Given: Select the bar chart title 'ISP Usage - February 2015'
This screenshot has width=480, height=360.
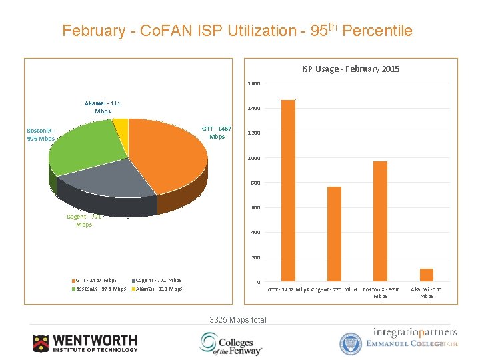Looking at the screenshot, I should [x=350, y=69].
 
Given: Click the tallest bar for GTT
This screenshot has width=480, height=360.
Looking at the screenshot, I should [x=288, y=190].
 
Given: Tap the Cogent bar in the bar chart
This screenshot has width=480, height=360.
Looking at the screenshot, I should [x=334, y=233].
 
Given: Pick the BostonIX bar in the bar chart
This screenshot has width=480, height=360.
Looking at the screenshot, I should [x=380, y=221].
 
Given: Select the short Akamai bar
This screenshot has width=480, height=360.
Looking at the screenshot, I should [x=427, y=275].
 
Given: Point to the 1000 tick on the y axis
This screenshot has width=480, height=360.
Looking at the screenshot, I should [x=254, y=158].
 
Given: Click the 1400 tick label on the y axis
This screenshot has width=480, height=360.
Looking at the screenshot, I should [x=254, y=108].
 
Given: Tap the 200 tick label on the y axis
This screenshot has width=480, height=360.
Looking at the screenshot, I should [x=255, y=257].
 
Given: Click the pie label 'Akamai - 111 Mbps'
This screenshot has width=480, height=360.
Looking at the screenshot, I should [x=103, y=107].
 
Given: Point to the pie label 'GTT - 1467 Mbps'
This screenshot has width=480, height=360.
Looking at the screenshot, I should [x=217, y=132].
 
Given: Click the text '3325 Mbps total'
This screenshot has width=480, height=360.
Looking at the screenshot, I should [x=237, y=320].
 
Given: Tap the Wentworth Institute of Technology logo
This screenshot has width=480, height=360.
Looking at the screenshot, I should [x=85, y=343].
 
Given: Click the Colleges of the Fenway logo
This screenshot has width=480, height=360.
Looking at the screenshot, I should [x=231, y=343].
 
